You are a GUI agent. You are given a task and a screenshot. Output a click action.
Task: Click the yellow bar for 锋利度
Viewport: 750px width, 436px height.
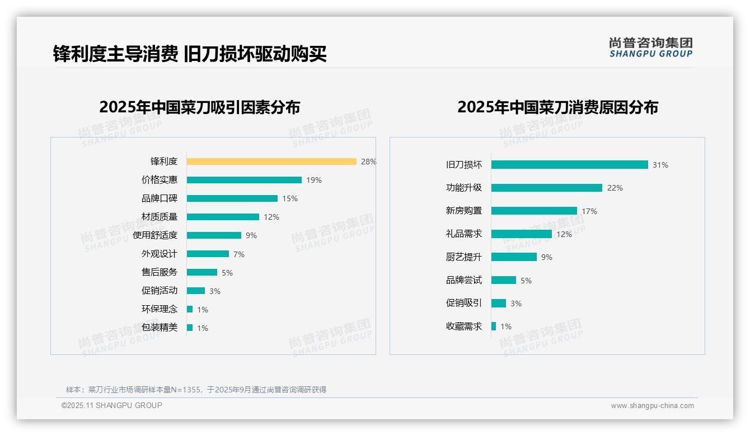[x=271, y=162]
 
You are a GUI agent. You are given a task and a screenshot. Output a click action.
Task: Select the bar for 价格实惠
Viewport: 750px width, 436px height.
[x=244, y=180]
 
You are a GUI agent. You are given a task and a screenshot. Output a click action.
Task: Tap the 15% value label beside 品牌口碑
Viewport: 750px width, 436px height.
[x=290, y=198]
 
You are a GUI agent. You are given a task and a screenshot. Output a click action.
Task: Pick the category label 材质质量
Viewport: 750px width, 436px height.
[x=160, y=217]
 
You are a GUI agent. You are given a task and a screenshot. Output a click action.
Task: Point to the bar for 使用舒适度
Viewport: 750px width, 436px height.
[x=214, y=235]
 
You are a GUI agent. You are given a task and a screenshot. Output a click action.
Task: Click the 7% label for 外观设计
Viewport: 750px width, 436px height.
[x=239, y=254]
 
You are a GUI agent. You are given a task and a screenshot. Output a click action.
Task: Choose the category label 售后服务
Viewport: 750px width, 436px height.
[x=160, y=272]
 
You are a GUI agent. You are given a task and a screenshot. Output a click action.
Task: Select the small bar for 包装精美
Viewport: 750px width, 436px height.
[x=190, y=328]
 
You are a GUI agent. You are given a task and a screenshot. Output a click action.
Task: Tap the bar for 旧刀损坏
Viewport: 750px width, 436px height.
[x=569, y=165]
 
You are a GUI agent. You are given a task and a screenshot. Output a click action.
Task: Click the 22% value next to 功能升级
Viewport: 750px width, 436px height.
[x=615, y=188]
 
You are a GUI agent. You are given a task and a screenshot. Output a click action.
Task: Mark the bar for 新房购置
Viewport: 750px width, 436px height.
[x=534, y=211]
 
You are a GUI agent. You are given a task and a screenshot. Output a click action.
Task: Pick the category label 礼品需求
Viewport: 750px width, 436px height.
[x=464, y=234]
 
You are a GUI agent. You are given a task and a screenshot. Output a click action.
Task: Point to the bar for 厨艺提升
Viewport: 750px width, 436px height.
[x=514, y=257]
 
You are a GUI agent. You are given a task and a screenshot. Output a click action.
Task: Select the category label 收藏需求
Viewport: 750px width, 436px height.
[x=464, y=326]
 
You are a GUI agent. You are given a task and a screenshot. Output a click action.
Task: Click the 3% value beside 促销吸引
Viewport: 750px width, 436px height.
[x=516, y=304]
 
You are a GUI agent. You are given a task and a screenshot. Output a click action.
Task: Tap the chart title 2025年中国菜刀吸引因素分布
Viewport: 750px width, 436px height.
[x=200, y=107]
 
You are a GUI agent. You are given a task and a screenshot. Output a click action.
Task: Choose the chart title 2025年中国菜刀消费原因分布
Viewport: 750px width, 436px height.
[x=557, y=107]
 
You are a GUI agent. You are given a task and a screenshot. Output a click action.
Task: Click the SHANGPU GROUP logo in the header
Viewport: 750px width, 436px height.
[x=651, y=48]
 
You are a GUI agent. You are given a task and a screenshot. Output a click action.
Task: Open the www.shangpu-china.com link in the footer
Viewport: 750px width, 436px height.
[x=652, y=406]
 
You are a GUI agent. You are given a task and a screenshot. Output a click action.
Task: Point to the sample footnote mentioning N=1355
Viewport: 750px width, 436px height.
[x=196, y=390]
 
